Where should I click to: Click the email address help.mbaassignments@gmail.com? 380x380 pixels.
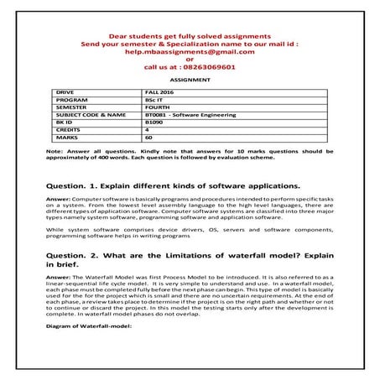pos(190,50)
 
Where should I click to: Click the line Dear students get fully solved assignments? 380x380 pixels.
pos(190,36)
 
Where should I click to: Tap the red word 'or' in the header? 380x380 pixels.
pos(190,58)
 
